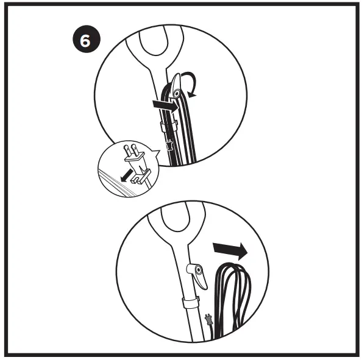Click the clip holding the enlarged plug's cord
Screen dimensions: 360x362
pyautogui.click(x=141, y=178)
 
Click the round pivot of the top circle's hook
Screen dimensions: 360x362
pyautogui.click(x=176, y=94)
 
